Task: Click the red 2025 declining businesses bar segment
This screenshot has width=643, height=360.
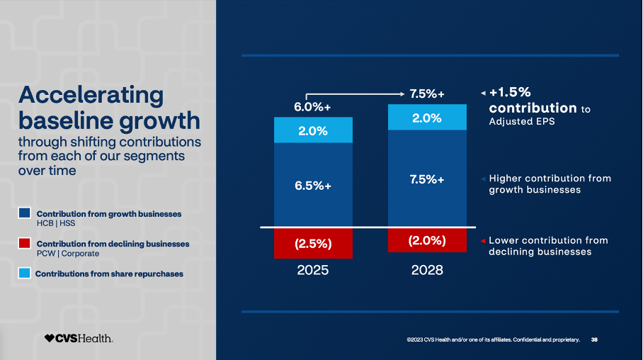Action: point(313,243)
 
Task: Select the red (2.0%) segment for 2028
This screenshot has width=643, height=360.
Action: point(427,240)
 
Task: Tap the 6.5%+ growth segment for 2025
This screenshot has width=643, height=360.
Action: point(313,184)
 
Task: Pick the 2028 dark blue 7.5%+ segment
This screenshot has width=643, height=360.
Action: point(427,179)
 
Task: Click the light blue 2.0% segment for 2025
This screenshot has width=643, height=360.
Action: point(313,130)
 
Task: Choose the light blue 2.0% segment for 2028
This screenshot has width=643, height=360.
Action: point(427,118)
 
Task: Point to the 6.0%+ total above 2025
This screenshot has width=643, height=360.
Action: point(312,107)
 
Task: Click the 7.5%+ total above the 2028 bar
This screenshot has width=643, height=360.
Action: point(427,94)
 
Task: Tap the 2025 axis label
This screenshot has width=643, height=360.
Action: point(313,270)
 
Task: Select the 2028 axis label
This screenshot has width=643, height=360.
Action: point(427,270)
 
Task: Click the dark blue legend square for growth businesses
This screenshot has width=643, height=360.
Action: point(25,213)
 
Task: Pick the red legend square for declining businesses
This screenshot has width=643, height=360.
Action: point(25,243)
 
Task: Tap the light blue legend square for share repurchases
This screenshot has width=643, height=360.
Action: point(25,273)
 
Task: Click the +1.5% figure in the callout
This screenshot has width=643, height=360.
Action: point(510,92)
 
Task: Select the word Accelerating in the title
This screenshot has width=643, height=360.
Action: point(90,94)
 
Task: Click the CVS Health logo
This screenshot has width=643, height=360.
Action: point(78,339)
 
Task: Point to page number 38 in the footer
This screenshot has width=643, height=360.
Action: point(594,340)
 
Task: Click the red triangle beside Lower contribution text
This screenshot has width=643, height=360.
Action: point(483,241)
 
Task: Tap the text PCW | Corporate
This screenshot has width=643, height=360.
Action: point(68,254)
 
